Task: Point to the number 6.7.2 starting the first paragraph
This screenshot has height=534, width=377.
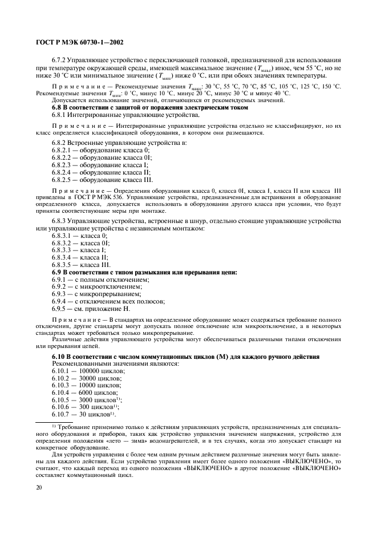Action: pyautogui.click(x=60, y=60)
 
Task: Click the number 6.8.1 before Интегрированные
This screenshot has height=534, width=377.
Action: pyautogui.click(x=60, y=114)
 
